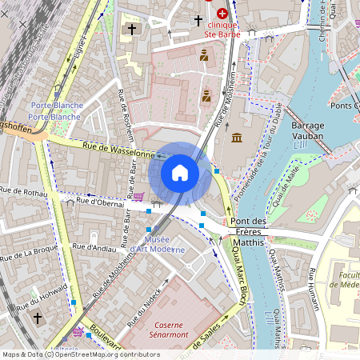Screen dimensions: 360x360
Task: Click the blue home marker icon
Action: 180,173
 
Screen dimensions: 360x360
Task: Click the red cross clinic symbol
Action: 221,14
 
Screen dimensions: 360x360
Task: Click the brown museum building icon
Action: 237,138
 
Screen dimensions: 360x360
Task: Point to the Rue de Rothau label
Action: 24,191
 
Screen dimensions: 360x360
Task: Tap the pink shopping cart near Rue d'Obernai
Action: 138,196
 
